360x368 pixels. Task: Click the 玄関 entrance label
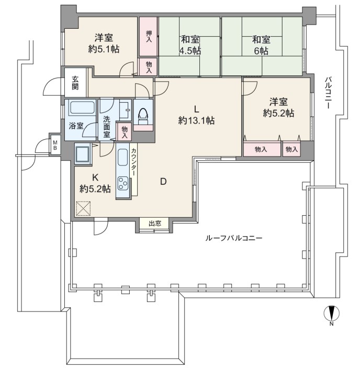pos(75,83)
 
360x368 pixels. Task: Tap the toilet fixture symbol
pos(143,116)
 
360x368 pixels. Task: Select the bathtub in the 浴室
pos(82,107)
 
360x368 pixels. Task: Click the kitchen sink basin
pos(122,158)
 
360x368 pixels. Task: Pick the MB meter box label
pos(55,146)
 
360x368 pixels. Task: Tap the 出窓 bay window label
pos(155,223)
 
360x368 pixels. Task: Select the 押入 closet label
pos(149,36)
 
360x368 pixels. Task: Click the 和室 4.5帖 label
pos(190,45)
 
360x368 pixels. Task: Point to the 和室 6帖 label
pos(261,45)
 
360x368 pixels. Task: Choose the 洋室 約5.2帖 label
pos(278,107)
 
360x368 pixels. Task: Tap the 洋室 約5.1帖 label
pos(104,43)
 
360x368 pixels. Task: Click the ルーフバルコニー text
pos(233,239)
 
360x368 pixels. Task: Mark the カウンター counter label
pos(133,162)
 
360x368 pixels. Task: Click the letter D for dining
pos(163,182)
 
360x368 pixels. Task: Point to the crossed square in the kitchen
pos(84,208)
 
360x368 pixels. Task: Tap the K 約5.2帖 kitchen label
pos(95,183)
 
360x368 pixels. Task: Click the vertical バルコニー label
pos(329,93)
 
